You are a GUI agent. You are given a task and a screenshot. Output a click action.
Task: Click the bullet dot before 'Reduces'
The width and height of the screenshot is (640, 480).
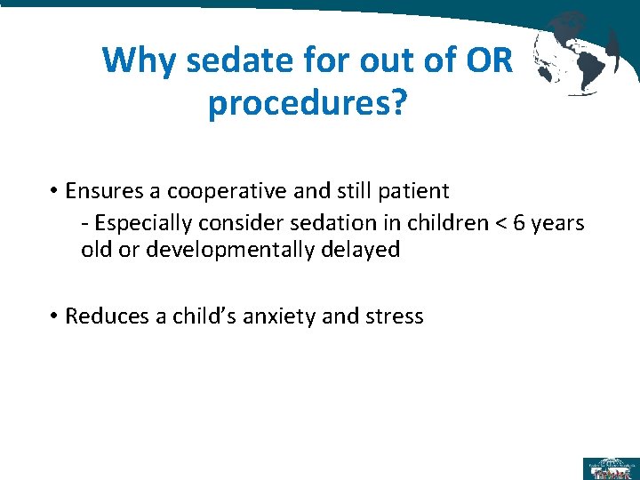click(54, 316)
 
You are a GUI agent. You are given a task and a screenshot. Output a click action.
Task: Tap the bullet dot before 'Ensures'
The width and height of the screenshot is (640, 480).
click(54, 191)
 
